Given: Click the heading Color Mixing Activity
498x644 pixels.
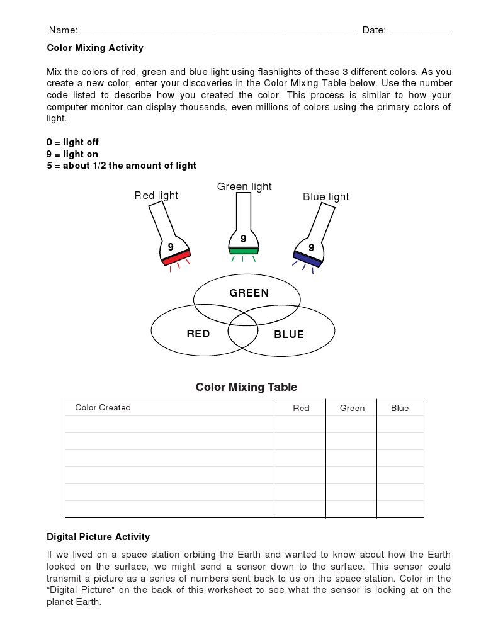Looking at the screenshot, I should click(x=95, y=48).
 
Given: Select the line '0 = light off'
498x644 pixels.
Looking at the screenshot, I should click(x=72, y=142).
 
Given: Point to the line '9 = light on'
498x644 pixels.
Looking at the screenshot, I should click(x=72, y=154).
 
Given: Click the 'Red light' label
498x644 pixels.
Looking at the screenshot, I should click(x=156, y=196).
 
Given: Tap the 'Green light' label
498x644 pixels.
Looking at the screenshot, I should click(x=244, y=187).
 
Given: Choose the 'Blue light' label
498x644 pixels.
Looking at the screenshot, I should click(x=325, y=197).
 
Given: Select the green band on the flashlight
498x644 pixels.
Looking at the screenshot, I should click(x=244, y=251).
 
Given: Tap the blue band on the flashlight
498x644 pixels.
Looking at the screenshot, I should click(x=308, y=259).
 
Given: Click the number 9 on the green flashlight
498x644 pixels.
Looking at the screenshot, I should click(x=243, y=239).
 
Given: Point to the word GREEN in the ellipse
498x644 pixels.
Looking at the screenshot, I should click(x=249, y=293).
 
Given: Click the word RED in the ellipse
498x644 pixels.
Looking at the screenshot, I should click(x=198, y=334).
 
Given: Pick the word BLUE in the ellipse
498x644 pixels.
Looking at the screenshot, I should click(x=289, y=335).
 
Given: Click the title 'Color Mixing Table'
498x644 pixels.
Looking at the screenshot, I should click(x=246, y=387).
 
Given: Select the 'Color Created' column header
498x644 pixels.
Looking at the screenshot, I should click(x=103, y=407).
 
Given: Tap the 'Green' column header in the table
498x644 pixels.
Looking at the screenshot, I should click(x=352, y=408).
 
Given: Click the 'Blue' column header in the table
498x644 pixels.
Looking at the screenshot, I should click(x=400, y=408).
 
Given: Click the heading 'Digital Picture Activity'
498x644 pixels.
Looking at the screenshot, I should click(x=98, y=537).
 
